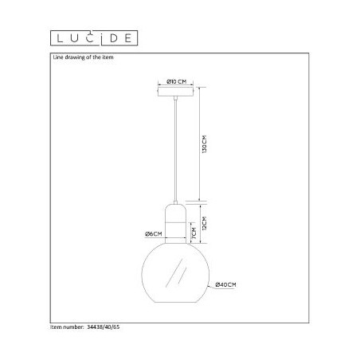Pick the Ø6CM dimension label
tap(154, 233)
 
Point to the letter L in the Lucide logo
tap(58, 36)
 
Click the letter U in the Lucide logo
tap(74, 36)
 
